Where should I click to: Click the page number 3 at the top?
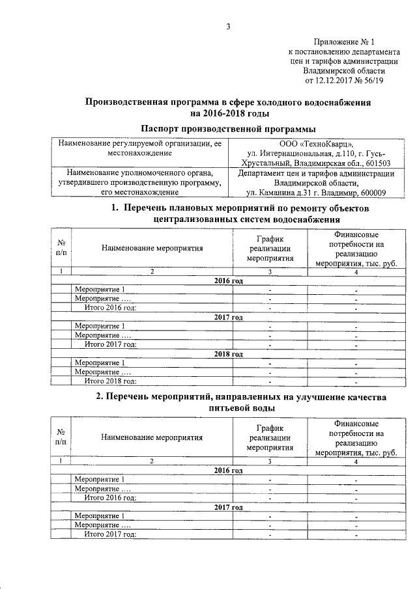point(229,27)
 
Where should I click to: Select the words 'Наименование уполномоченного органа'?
point(141,173)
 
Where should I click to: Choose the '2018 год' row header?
point(229,353)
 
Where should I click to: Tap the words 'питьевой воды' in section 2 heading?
point(229,407)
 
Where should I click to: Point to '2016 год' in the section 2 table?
point(229,470)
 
